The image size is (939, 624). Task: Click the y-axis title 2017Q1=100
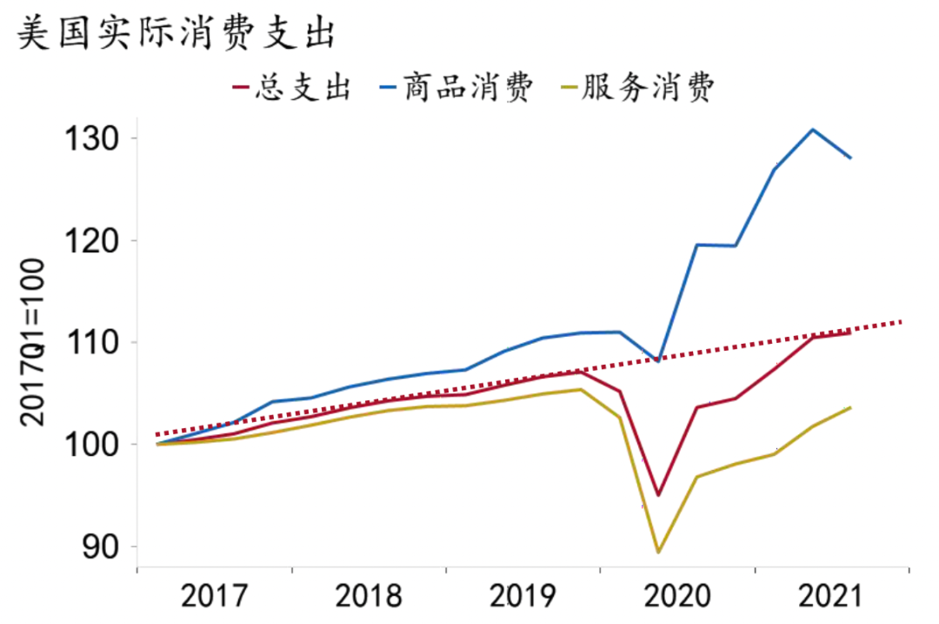pyautogui.click(x=32, y=341)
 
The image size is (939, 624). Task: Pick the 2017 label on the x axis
pyautogui.click(x=214, y=597)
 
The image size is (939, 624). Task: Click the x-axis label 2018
pyautogui.click(x=369, y=597)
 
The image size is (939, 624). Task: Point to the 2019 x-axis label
pyautogui.click(x=523, y=597)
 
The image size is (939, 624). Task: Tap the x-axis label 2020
pyautogui.click(x=678, y=597)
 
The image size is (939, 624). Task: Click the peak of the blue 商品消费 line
pyautogui.click(x=812, y=130)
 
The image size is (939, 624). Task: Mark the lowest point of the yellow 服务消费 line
pyautogui.click(x=658, y=552)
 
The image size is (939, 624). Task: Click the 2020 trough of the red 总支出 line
pyautogui.click(x=658, y=495)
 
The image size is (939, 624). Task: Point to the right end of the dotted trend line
pyautogui.click(x=903, y=321)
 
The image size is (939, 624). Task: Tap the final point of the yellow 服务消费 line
pyautogui.click(x=850, y=407)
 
